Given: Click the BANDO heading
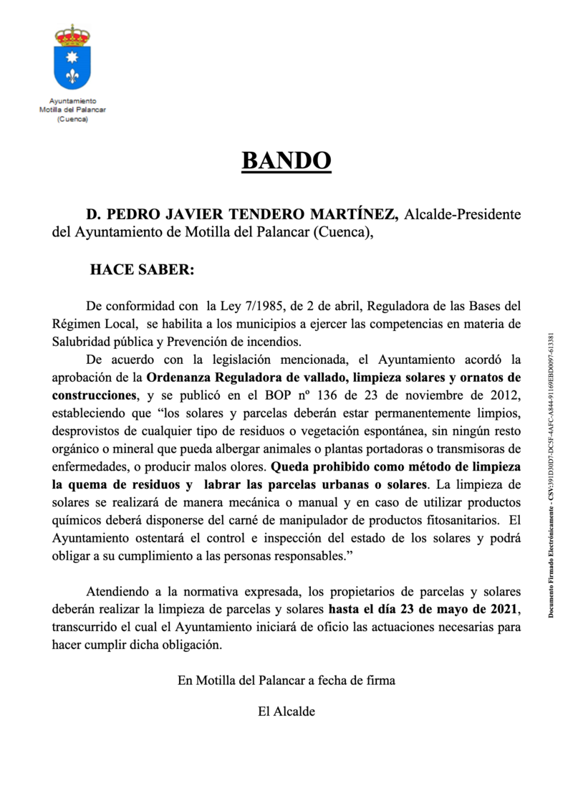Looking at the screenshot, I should tap(286, 160).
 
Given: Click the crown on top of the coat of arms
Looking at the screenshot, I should tap(72, 34).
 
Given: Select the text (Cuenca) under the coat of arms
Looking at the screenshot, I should tap(72, 119).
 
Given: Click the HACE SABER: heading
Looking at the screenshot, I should tap(142, 271).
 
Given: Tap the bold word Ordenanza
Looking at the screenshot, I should tap(178, 377).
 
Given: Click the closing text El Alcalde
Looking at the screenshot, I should tap(286, 712).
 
